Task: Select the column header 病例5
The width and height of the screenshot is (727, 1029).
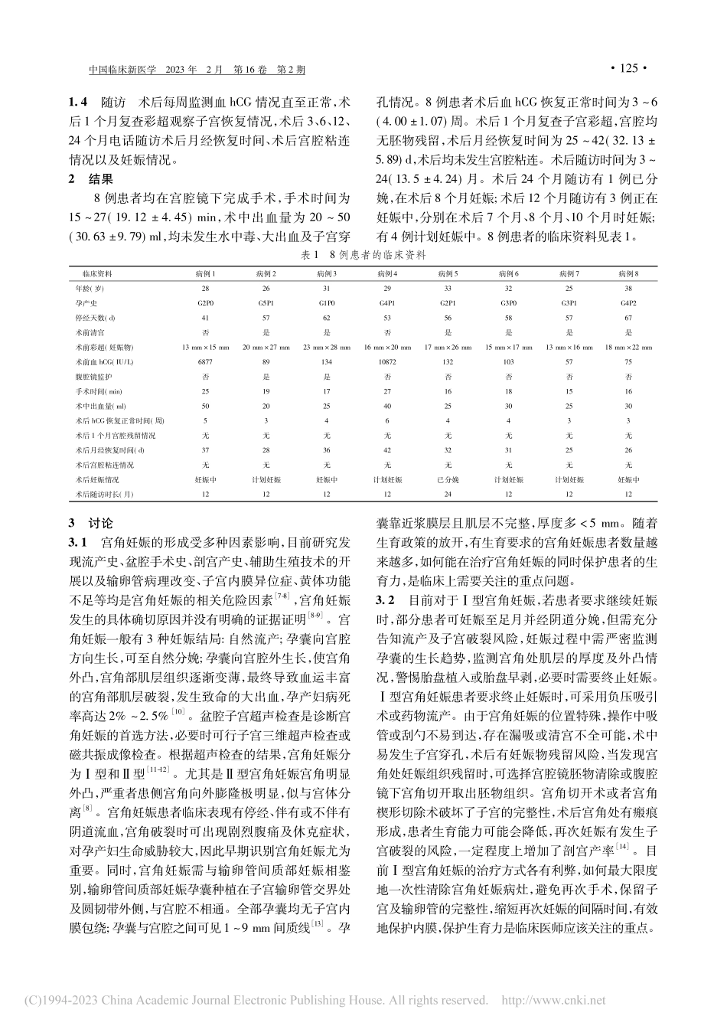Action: [448, 273]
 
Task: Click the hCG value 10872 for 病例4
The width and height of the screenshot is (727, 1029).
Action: [387, 361]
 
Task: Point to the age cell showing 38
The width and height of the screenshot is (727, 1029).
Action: [629, 288]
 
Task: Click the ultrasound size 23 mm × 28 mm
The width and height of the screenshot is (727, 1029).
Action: [327, 346]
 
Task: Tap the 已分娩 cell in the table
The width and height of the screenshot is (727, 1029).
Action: [448, 479]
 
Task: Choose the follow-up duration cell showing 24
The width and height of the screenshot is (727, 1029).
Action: [448, 494]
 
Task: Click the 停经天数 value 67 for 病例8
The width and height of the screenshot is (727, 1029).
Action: [629, 317]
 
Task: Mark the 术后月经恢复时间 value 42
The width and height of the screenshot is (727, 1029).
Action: [387, 450]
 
